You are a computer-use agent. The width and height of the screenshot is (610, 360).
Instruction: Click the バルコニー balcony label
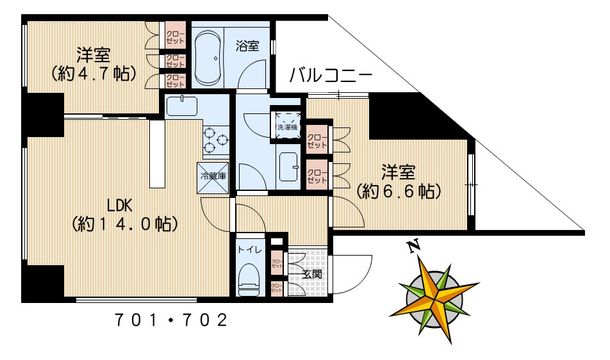click(x=329, y=74)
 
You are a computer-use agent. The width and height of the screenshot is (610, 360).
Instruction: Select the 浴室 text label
click(x=247, y=46)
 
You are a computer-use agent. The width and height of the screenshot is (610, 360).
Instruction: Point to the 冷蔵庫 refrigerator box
click(x=211, y=176)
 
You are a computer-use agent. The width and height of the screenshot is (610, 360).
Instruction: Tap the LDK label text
click(x=119, y=206)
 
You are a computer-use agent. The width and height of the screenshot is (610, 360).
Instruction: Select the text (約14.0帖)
click(x=124, y=225)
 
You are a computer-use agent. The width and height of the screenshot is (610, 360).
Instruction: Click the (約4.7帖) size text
click(x=94, y=74)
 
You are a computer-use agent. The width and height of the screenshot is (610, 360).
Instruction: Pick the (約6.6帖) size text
click(x=398, y=190)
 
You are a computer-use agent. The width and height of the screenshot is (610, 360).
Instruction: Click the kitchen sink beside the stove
click(x=183, y=105)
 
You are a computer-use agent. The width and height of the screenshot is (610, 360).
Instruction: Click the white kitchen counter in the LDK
click(x=157, y=154)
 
